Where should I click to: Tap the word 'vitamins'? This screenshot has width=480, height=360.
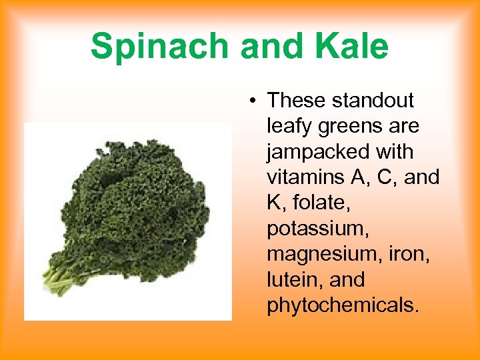coord(305,177)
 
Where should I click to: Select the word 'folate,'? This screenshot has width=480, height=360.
coord(316,203)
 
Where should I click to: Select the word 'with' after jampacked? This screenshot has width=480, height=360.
coord(394,152)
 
